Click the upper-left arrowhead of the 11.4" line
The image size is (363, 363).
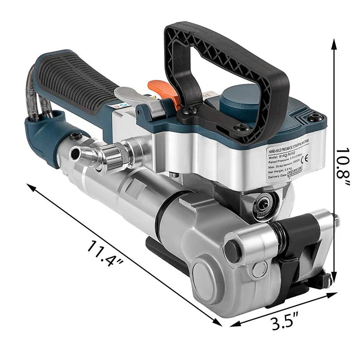30,186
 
